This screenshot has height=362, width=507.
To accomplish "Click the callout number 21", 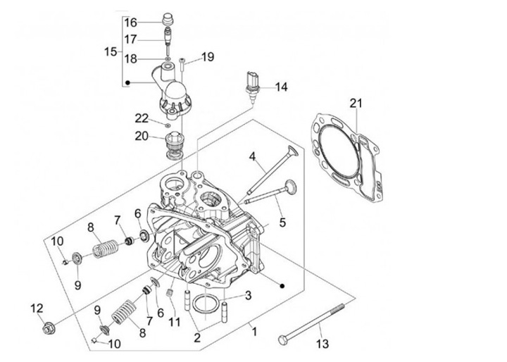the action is [x=356, y=104].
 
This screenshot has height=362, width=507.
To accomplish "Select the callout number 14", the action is [x=281, y=87].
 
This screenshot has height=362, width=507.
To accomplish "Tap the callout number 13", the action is [x=323, y=344].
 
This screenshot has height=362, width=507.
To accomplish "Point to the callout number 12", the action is [x=37, y=308].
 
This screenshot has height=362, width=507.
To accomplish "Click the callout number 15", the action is [x=111, y=51].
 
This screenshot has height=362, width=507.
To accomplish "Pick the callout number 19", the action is [x=208, y=57].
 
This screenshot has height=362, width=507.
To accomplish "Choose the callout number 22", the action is [x=142, y=118].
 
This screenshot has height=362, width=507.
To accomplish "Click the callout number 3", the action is [x=248, y=295].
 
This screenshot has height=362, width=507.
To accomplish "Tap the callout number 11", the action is [x=175, y=322].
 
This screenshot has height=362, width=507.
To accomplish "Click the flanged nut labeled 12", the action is [x=49, y=329].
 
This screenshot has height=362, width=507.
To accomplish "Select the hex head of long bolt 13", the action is [x=282, y=339].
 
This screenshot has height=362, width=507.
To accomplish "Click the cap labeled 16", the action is [x=168, y=18].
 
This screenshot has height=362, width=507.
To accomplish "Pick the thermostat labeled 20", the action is [x=173, y=146].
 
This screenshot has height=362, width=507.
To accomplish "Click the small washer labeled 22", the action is [x=168, y=125].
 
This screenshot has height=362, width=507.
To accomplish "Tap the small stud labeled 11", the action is [x=169, y=293].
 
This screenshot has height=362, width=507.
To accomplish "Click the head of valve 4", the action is [x=292, y=151].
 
